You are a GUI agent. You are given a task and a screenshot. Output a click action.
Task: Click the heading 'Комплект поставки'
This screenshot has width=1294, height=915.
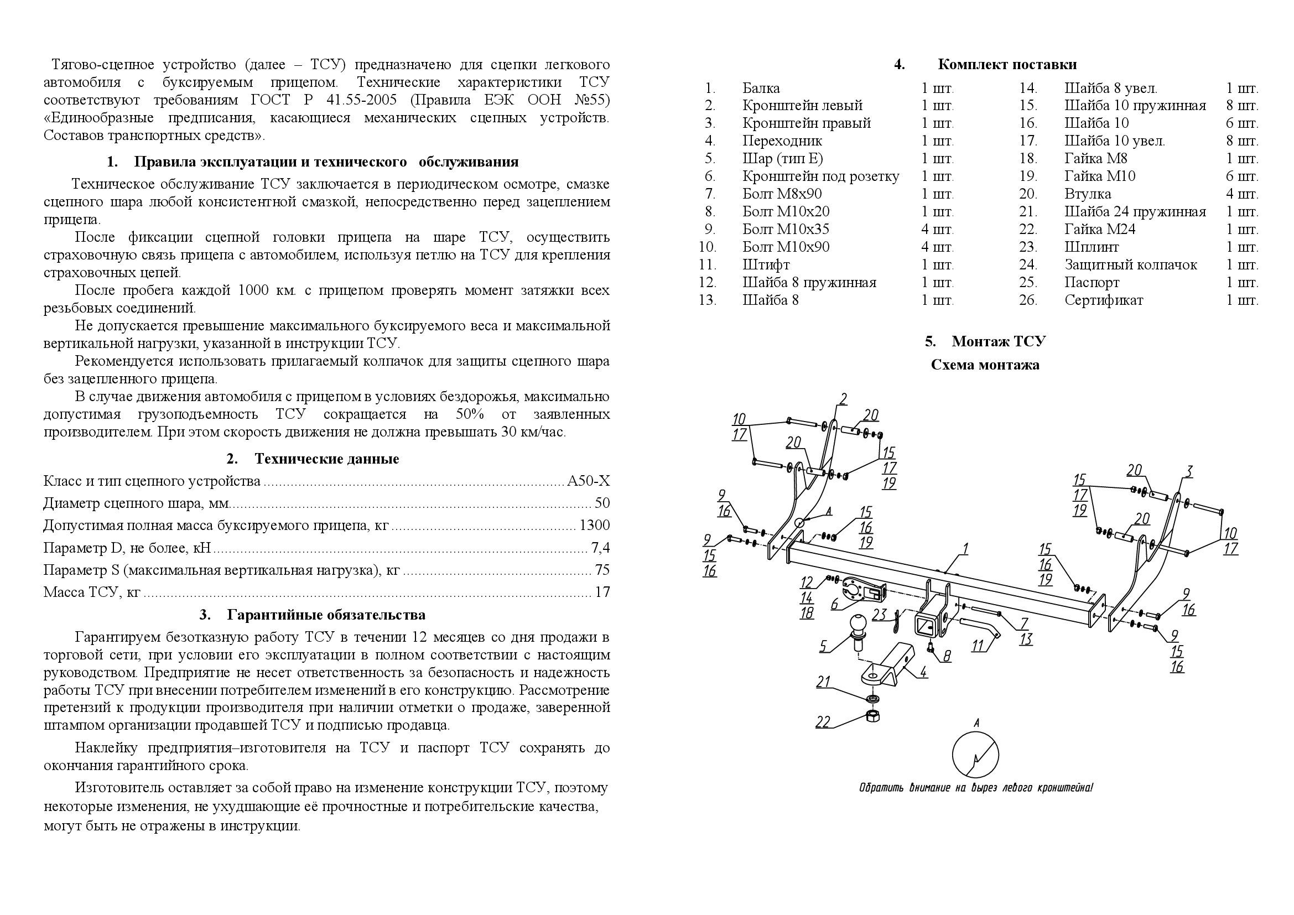[x=1006, y=64]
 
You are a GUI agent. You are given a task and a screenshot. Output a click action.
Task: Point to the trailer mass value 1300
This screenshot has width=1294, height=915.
[x=594, y=526]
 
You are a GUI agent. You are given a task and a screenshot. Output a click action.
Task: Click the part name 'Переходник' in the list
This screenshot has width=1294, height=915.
[x=782, y=141]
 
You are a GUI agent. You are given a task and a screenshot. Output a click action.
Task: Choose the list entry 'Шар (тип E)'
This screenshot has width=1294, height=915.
[x=782, y=158]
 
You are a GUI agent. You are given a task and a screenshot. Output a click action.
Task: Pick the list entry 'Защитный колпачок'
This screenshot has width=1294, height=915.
[x=1130, y=265]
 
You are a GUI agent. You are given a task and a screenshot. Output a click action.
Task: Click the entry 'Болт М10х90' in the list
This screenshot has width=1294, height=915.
[x=786, y=247]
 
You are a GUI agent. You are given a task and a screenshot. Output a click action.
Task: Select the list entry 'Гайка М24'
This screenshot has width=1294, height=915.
[x=1100, y=230]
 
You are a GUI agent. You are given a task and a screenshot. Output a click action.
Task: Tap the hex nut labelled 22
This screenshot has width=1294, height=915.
[x=872, y=715]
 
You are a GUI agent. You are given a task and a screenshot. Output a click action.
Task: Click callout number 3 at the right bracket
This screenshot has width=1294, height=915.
[x=1188, y=470]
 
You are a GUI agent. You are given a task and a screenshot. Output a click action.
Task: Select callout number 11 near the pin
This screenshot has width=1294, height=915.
[x=978, y=645]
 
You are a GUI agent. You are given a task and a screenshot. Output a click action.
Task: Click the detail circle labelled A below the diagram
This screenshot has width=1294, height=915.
[x=975, y=755]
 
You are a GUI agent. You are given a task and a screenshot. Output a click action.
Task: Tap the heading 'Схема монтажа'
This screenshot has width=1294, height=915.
[x=985, y=365]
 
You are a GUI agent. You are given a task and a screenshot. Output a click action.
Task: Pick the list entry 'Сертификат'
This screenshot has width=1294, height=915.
[x=1104, y=300]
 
